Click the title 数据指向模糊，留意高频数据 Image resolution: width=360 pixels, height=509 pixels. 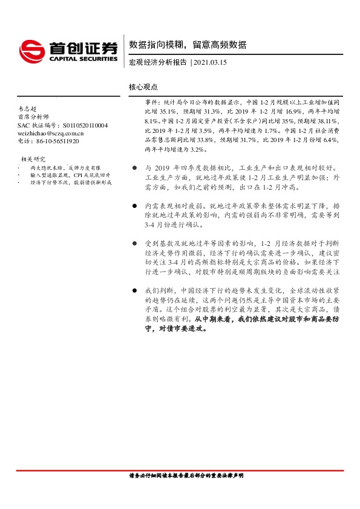pos(188,45)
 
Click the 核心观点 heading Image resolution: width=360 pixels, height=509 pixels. pos(143,87)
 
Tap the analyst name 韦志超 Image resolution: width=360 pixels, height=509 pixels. pos(27,109)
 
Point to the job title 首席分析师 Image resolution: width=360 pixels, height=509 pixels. pos(31,117)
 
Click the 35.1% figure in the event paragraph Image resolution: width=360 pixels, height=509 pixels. pos(168,112)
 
